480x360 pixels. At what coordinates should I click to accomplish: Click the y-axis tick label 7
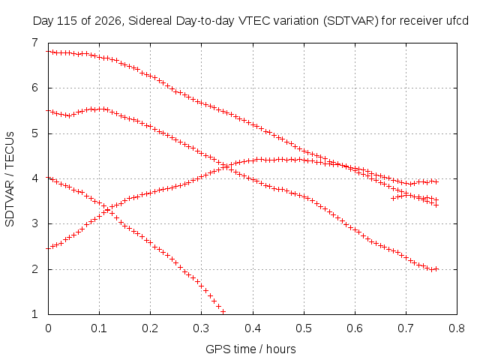pyautogui.click(x=34, y=43)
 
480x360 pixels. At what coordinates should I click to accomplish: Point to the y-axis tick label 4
pyautogui.click(x=34, y=178)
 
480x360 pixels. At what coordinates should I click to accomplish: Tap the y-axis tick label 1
pyautogui.click(x=34, y=314)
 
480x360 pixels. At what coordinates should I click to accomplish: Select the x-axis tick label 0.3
pyautogui.click(x=202, y=328)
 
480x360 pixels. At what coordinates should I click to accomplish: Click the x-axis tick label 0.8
pyautogui.click(x=457, y=328)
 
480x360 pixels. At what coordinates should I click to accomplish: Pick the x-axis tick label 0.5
pyautogui.click(x=304, y=328)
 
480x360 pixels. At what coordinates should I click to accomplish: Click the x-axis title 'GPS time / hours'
pyautogui.click(x=250, y=349)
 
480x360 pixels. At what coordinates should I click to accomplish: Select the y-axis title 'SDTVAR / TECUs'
pyautogui.click(x=10, y=179)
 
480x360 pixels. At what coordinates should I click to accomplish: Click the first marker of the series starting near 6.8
pyautogui.click(x=48, y=52)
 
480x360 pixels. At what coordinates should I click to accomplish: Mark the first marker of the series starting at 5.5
pyautogui.click(x=48, y=110)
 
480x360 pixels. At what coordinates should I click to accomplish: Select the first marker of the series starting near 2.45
pyautogui.click(x=48, y=248)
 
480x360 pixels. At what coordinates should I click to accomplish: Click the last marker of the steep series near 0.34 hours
pyautogui.click(x=223, y=312)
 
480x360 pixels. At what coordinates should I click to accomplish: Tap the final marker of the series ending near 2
pyautogui.click(x=436, y=269)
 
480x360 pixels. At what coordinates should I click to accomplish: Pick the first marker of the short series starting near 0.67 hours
pyautogui.click(x=393, y=198)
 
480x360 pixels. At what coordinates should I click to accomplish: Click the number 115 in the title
pyautogui.click(x=70, y=21)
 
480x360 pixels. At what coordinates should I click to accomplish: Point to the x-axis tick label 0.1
pyautogui.click(x=99, y=328)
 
